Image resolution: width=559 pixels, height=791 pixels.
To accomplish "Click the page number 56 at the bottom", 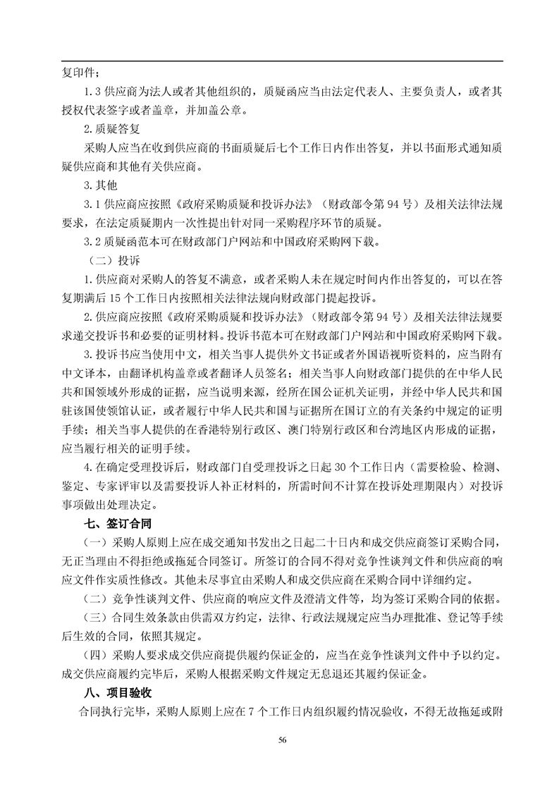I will (x=282, y=740).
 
